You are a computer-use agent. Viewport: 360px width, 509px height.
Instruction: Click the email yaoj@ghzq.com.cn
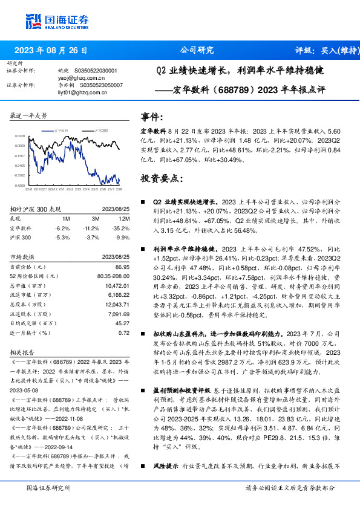tap(82, 77)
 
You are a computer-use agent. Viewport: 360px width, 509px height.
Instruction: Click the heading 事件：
tap(152, 116)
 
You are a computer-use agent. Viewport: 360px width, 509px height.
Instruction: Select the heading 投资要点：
tap(160, 179)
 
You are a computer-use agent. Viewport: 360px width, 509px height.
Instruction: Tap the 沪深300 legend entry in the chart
tap(101, 130)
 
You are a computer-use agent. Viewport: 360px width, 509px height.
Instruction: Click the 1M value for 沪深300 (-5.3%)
tap(63, 237)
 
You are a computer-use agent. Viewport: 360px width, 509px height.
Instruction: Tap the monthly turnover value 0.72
tap(123, 333)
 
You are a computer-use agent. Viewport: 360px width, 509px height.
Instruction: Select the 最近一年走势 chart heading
tap(29, 115)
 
